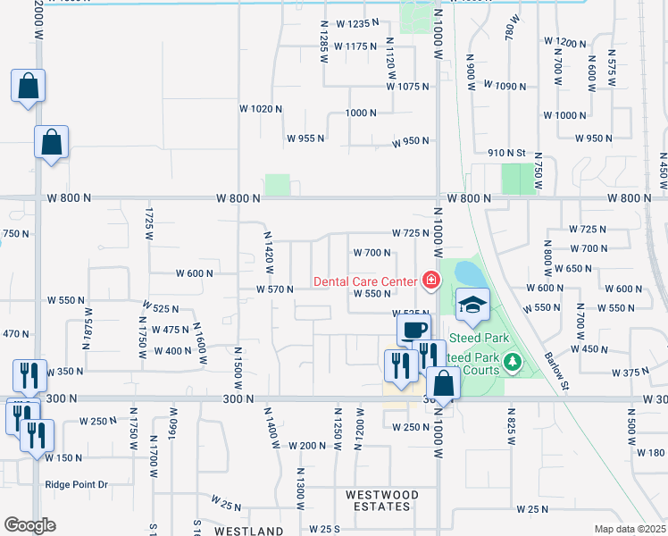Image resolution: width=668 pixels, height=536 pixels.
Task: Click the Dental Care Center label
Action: click(365, 281)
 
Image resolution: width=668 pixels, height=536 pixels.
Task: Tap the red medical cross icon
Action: click(431, 281)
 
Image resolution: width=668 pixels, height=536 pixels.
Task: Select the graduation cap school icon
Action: click(472, 306)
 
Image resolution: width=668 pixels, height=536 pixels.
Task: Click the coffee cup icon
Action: click(413, 330)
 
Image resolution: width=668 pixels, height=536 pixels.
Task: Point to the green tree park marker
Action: click(512, 362)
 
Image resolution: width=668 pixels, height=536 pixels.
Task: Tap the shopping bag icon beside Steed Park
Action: click(443, 385)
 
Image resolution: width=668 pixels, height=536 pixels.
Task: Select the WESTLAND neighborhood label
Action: click(248, 531)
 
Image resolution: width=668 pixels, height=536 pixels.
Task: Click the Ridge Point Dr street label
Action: click(76, 484)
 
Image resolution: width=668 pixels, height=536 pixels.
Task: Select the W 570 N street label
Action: click(274, 289)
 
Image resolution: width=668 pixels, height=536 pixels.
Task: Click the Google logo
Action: click(30, 524)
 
